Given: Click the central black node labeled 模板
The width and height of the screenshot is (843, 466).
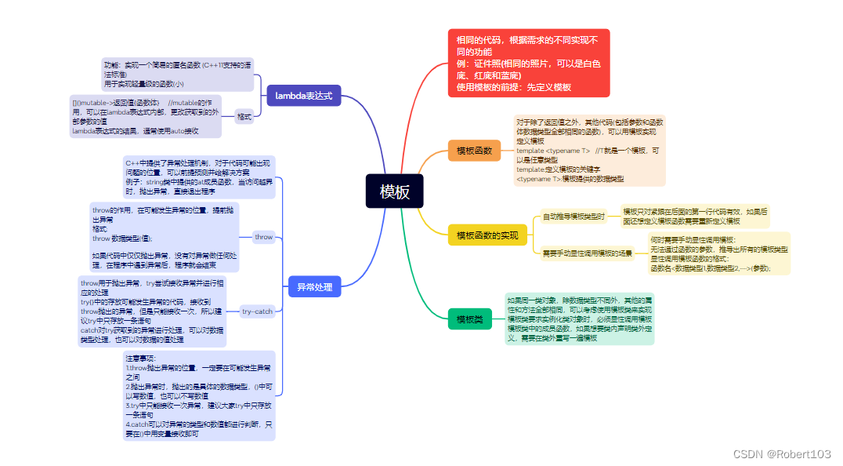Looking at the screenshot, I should (x=394, y=191).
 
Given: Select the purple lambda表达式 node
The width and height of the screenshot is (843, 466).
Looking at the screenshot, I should (x=303, y=96).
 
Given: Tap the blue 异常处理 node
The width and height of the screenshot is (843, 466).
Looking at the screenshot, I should (x=314, y=287).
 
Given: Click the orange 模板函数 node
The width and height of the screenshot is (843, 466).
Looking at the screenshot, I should (x=474, y=150).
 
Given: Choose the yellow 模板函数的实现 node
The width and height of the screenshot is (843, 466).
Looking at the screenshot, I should (x=487, y=235).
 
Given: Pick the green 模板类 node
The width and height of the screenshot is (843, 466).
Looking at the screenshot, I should (x=470, y=319).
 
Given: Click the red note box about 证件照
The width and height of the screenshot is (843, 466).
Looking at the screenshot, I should (x=528, y=63).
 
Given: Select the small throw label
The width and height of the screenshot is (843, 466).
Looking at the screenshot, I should (x=264, y=237).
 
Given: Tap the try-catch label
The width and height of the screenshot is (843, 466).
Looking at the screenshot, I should (x=257, y=311).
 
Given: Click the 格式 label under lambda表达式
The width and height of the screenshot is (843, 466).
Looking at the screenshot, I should (x=244, y=117).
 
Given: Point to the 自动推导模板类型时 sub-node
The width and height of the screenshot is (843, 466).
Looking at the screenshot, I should (x=574, y=217).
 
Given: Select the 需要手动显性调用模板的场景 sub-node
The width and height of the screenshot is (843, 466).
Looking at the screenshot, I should (x=587, y=253).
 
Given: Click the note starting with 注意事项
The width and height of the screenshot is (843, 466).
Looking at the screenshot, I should (x=199, y=395).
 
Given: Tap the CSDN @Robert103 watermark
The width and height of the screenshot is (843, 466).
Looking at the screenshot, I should (x=781, y=453).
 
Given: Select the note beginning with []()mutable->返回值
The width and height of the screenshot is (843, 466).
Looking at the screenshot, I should (x=146, y=117).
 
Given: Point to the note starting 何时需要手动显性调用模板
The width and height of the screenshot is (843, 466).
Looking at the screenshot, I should (x=718, y=253).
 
